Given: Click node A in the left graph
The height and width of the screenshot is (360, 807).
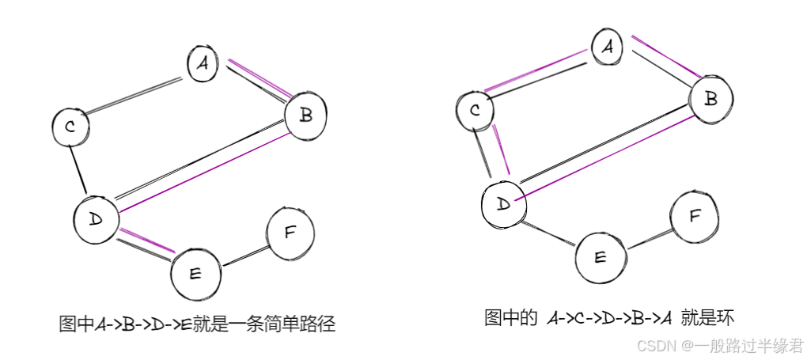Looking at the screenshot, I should [203, 64].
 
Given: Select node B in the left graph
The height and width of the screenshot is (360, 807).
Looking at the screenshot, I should [305, 116].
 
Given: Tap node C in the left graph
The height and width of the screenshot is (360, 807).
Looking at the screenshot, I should [71, 127].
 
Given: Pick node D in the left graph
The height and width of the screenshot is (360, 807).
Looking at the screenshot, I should [96, 217].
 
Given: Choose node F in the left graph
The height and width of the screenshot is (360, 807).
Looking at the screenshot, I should [290, 232].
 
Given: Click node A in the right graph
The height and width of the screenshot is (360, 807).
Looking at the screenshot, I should [608, 47].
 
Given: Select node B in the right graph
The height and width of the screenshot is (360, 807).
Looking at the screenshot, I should [710, 99].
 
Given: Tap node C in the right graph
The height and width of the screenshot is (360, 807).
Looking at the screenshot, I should [475, 110].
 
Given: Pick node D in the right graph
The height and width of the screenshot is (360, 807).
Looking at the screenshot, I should [503, 203].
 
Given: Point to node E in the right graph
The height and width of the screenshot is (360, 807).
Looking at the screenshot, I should [599, 256].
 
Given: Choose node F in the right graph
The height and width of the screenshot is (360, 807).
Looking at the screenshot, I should [695, 215].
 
